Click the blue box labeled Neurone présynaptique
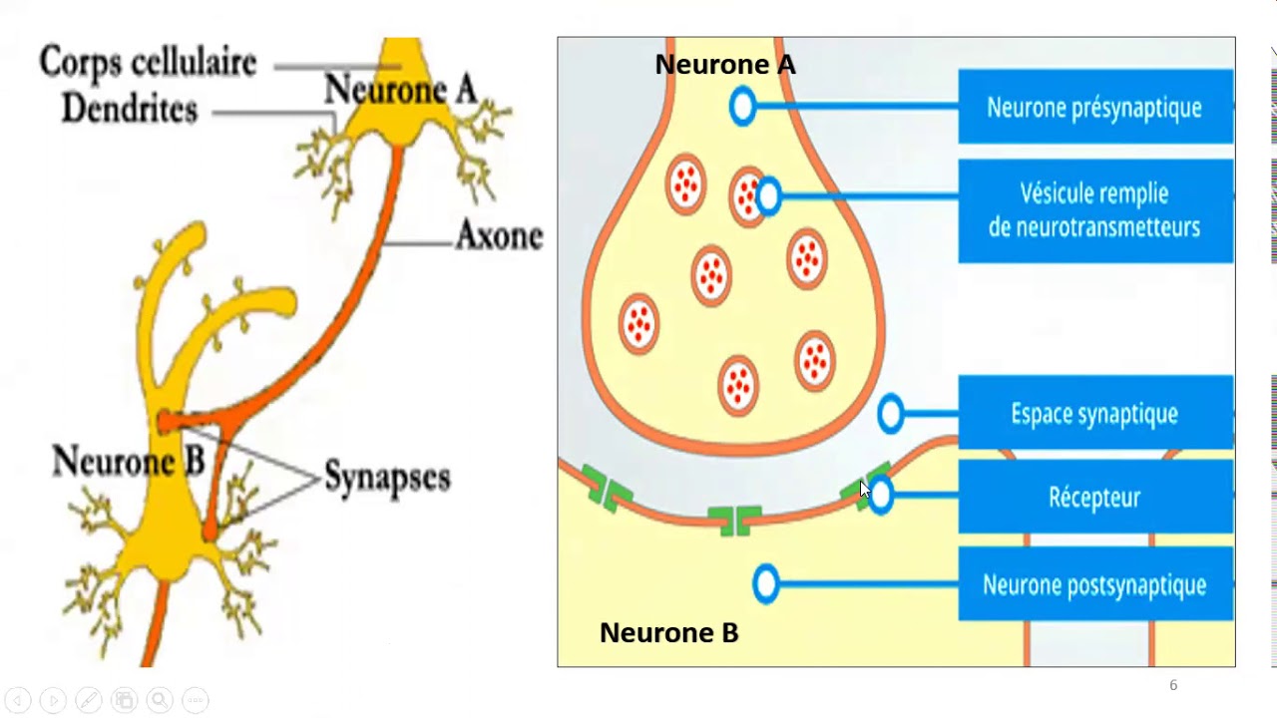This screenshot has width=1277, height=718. (1094, 107)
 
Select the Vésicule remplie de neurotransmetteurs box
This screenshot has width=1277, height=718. (1094, 210)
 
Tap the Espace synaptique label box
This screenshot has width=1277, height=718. (1094, 413)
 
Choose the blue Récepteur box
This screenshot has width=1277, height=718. (1094, 497)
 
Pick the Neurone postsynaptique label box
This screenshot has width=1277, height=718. (1094, 584)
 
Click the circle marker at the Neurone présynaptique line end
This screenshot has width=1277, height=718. (742, 107)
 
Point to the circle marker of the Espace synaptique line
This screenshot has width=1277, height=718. (890, 413)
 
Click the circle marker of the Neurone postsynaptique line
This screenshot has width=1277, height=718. (765, 584)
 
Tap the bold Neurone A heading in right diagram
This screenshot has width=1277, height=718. (724, 65)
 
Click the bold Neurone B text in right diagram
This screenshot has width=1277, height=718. (668, 633)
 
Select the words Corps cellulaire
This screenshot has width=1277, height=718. (148, 63)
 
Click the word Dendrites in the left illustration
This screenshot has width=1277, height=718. (130, 110)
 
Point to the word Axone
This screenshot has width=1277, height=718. (499, 236)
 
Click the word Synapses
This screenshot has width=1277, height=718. (387, 478)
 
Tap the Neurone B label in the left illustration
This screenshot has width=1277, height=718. (128, 461)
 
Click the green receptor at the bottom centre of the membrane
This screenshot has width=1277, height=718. (734, 519)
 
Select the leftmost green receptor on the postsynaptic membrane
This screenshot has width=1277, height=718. (607, 488)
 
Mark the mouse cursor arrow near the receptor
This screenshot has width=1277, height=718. (864, 489)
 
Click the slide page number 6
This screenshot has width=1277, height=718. (1173, 685)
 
